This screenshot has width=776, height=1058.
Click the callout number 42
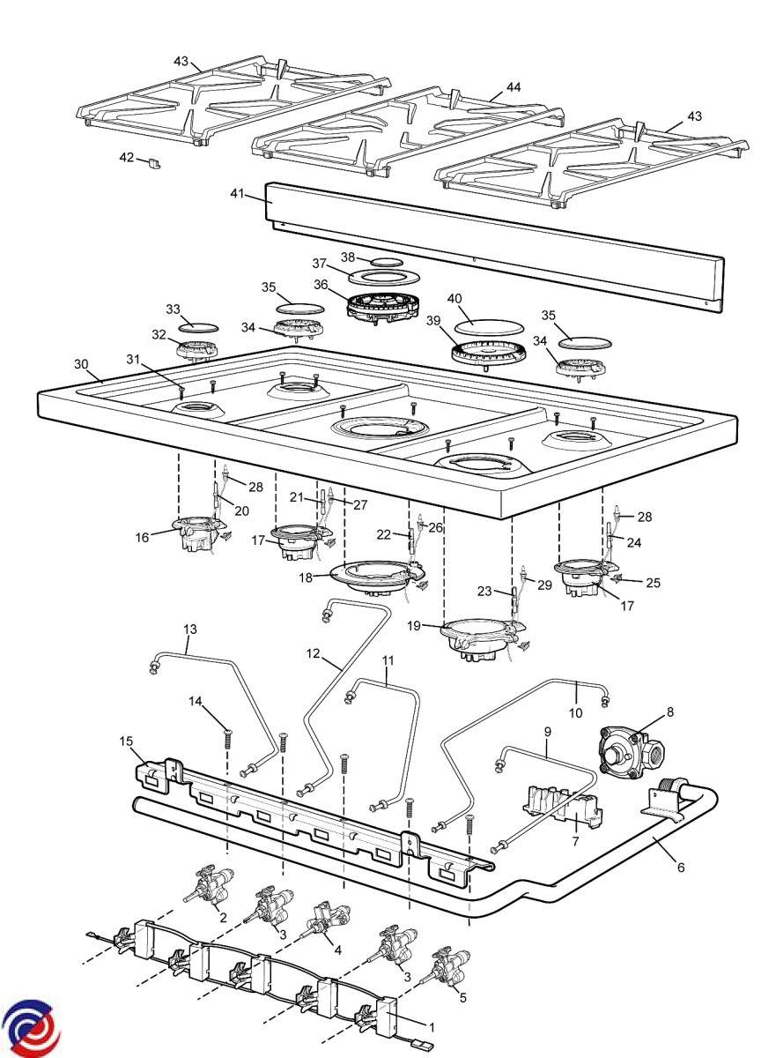pos(127,157)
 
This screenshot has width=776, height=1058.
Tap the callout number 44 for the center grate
pos(514,88)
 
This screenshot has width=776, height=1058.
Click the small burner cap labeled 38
pos(385,263)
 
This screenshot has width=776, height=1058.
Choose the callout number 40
pos(455,299)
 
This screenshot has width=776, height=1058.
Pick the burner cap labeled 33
pos(199,326)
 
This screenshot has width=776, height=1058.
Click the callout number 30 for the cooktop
pos(81,364)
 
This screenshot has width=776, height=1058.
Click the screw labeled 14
pos(227,736)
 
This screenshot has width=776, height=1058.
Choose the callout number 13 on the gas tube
pos(191,630)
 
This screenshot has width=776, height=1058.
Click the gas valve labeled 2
pos(211,887)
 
